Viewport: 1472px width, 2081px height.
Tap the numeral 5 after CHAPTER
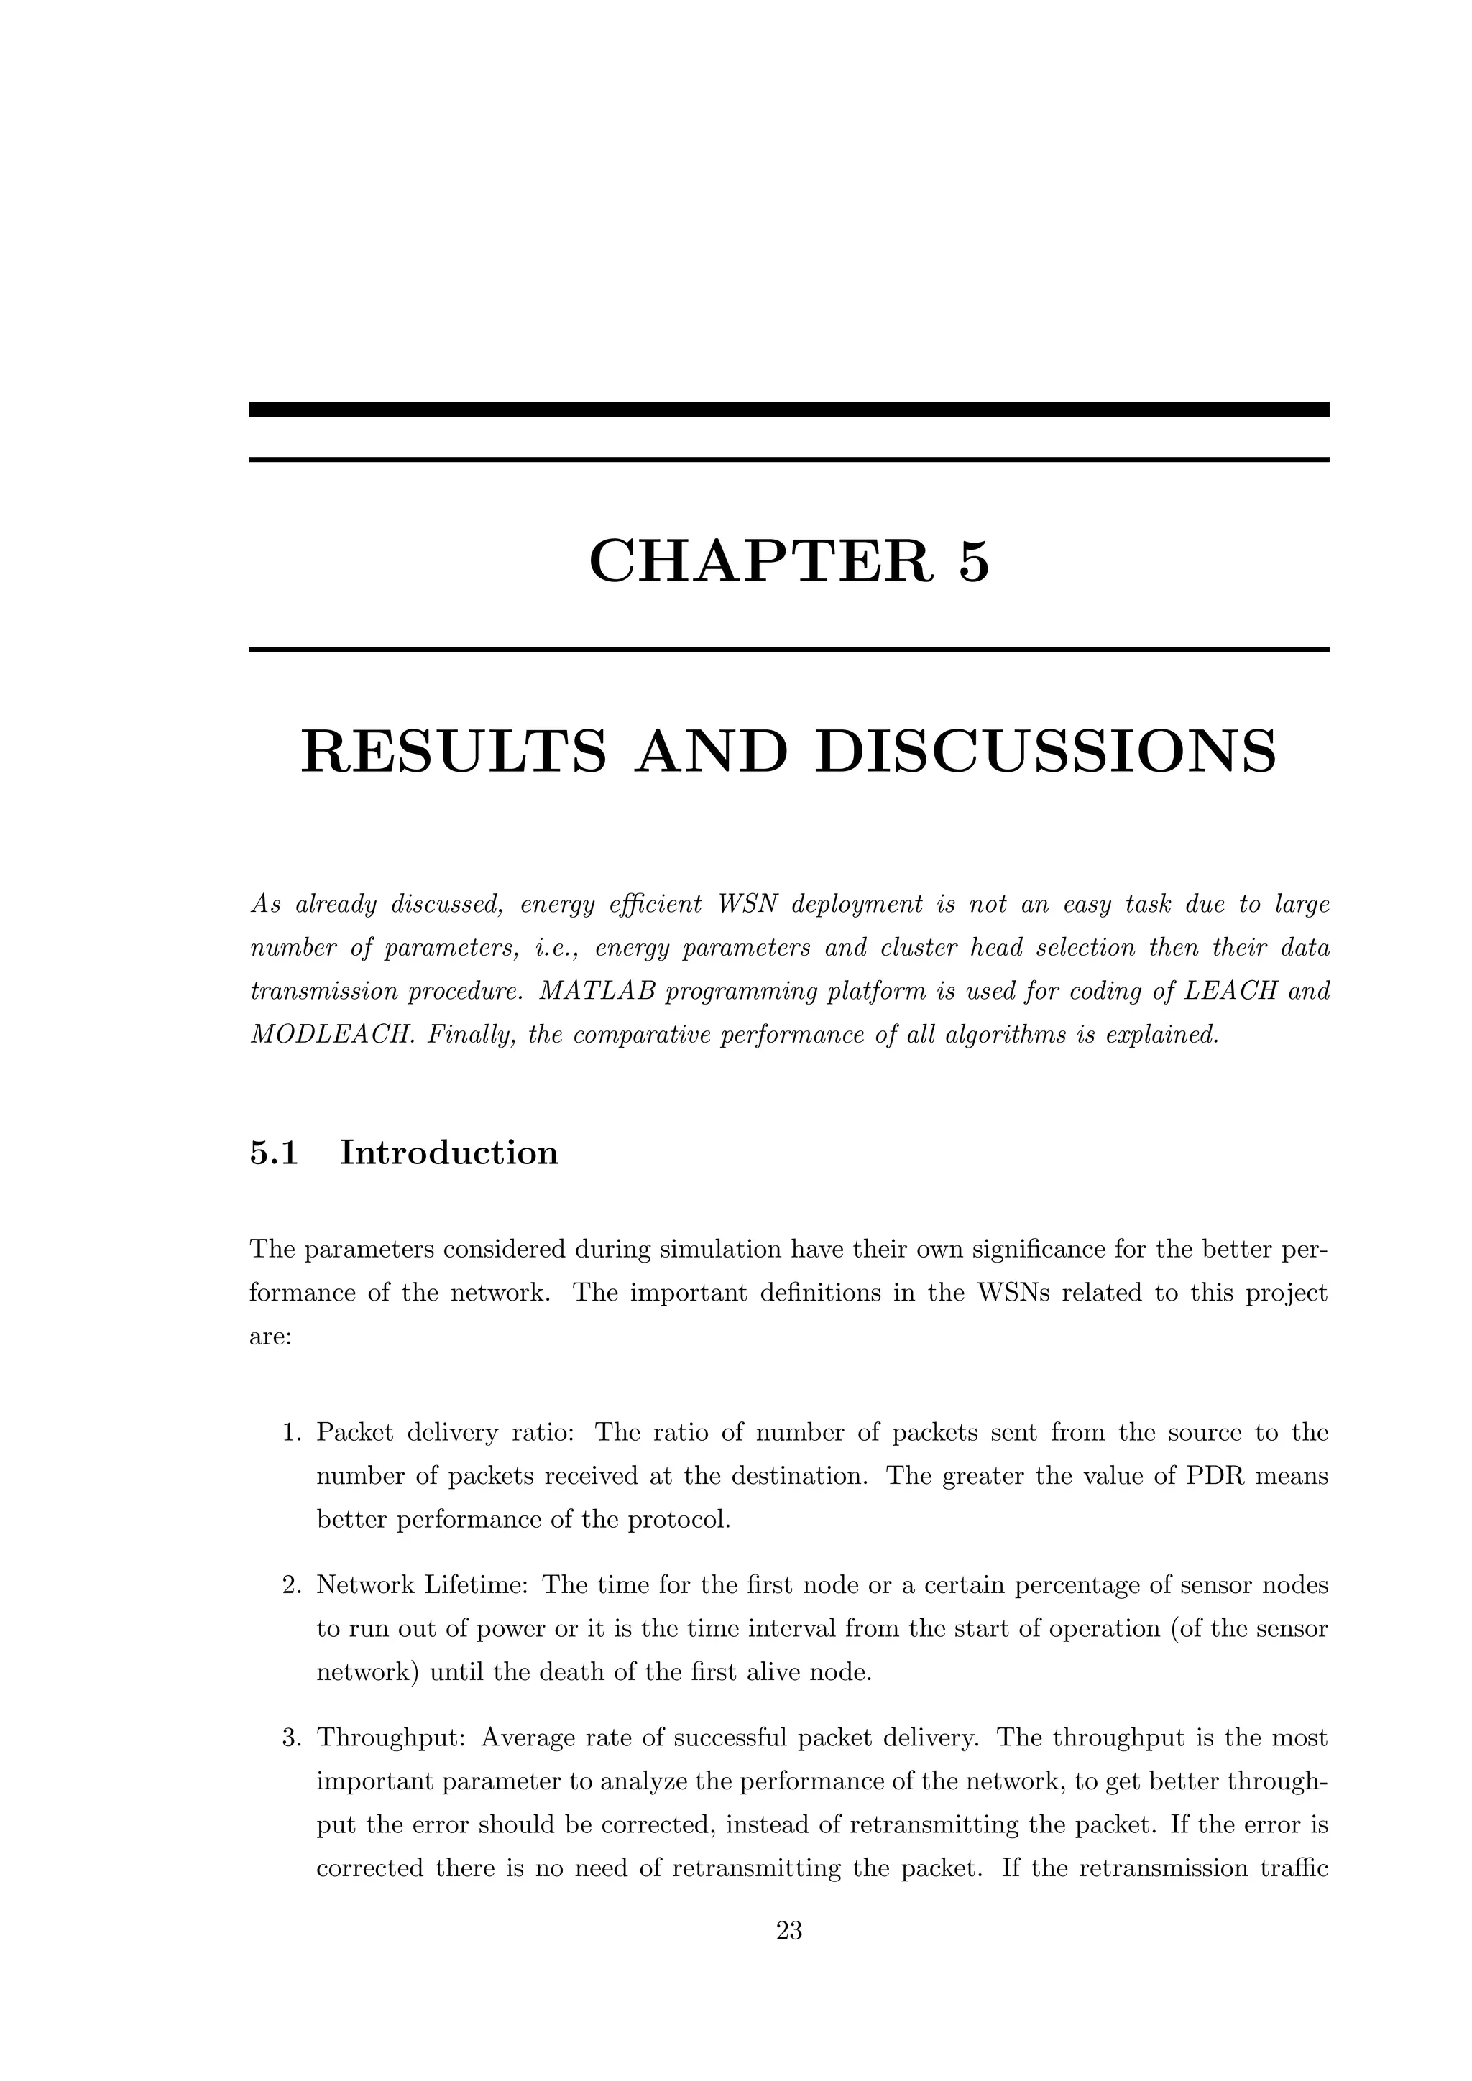pyautogui.click(x=972, y=561)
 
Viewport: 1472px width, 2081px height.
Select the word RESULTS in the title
pyautogui.click(x=454, y=752)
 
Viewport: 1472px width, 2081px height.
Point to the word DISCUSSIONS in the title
pyautogui.click(x=1045, y=752)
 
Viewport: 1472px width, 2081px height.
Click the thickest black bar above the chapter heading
pyautogui.click(x=788, y=410)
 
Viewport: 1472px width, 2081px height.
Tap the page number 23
pyautogui.click(x=788, y=1931)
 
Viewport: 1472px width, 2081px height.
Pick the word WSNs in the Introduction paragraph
pyautogui.click(x=1031, y=1293)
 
